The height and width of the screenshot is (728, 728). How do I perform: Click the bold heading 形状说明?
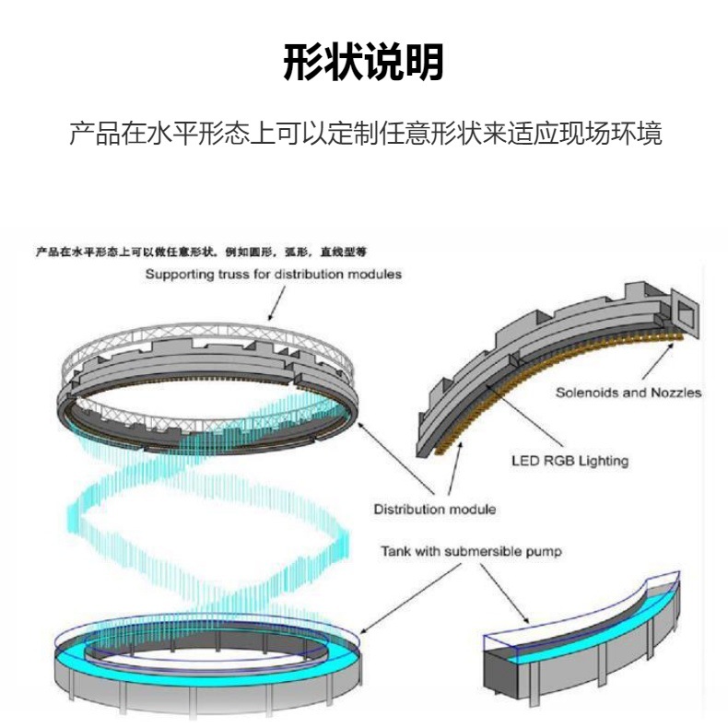(x=363, y=63)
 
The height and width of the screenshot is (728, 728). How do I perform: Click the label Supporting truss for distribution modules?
(x=273, y=275)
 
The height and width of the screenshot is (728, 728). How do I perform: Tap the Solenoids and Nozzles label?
(x=628, y=393)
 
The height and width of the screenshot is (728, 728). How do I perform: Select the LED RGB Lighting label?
(x=569, y=461)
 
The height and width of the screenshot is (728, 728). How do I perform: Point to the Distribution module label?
(x=434, y=509)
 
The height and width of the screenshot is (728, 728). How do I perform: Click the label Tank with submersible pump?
(x=471, y=552)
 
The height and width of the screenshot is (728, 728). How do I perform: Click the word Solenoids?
(x=587, y=393)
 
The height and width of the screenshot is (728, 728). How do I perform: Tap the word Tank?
(x=396, y=552)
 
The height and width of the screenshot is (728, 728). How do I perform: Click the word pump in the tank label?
(x=544, y=553)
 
